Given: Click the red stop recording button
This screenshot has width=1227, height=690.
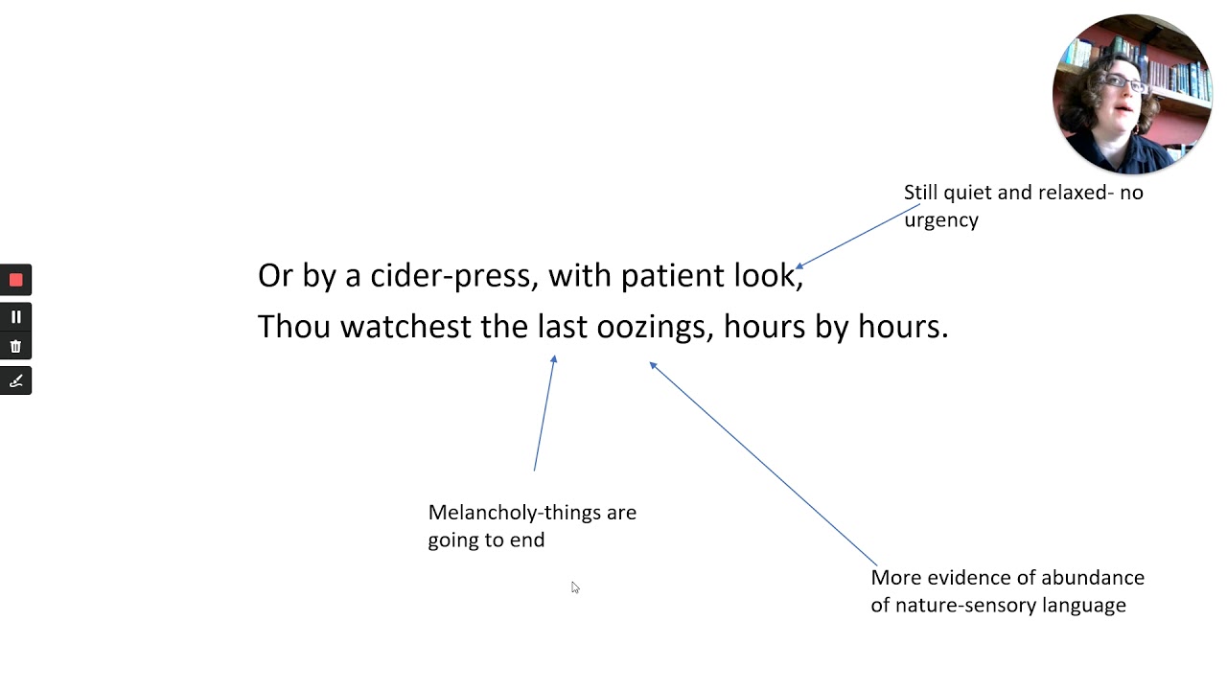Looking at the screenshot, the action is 16,281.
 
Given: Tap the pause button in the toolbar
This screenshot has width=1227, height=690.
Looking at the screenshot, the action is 16,317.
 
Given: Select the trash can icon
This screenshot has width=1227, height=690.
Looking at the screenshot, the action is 16,346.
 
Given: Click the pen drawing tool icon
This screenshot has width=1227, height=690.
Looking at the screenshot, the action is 16,380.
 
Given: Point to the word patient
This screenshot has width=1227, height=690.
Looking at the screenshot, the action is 672,275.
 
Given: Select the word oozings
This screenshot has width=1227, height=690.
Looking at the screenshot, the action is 655,328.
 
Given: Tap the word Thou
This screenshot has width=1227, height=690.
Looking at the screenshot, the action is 294,327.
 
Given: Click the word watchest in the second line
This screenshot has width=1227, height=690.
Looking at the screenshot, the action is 405,327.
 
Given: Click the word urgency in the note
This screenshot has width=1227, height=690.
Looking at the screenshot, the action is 941,220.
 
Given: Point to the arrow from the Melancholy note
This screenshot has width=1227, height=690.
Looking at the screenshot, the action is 544,413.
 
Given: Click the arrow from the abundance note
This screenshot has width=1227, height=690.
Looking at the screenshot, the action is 763,463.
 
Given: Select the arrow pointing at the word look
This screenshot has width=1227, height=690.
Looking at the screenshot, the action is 858,236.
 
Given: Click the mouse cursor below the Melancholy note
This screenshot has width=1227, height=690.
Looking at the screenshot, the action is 574,587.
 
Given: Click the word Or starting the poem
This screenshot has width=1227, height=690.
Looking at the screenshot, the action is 275,275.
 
